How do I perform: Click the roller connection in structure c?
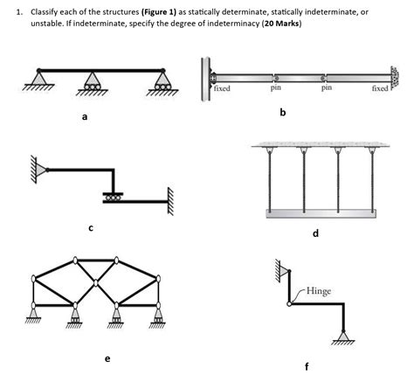click(112, 196)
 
